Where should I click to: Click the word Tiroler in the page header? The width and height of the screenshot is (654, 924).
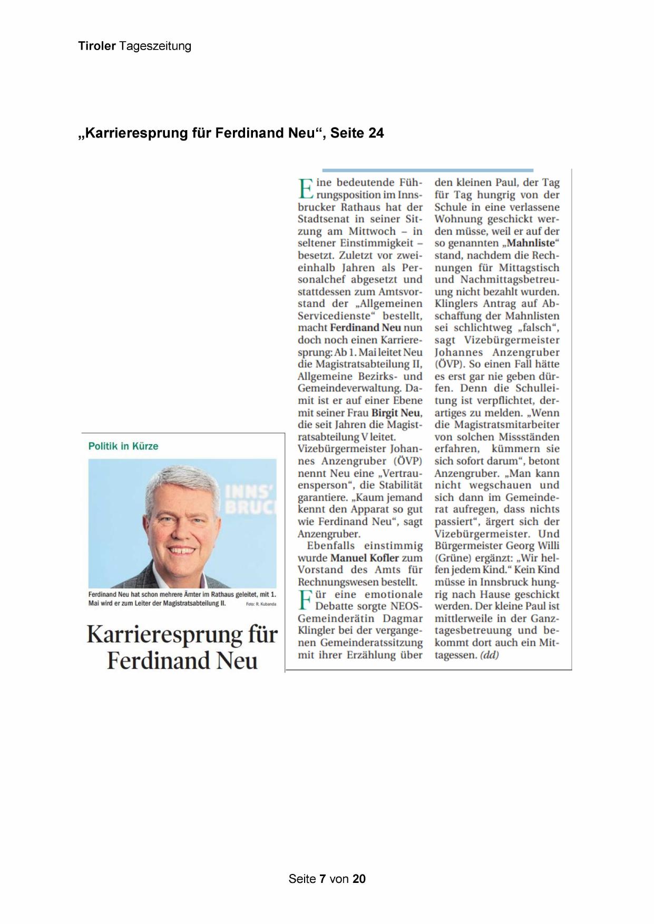[x=96, y=46]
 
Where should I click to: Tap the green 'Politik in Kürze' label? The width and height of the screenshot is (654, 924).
[x=123, y=446]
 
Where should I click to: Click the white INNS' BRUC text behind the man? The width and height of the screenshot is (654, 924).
[x=250, y=500]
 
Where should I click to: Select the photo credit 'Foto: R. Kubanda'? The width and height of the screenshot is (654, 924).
[x=261, y=604]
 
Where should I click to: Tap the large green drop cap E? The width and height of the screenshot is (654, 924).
[x=306, y=189]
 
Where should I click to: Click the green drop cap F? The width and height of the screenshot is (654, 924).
[x=305, y=601]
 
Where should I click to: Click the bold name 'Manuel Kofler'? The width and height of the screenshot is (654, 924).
[x=364, y=558]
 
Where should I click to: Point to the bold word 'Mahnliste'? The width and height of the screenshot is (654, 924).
[x=531, y=243]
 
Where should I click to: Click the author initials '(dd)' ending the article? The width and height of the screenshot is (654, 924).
[x=489, y=655]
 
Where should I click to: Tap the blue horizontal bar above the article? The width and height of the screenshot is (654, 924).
[x=427, y=170]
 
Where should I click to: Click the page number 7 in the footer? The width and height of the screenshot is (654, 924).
[x=323, y=879]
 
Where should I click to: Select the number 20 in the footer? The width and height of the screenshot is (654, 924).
[x=359, y=879]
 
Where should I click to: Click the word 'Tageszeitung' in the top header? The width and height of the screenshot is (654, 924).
[x=155, y=46]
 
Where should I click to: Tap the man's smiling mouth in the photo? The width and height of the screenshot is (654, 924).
[x=181, y=550]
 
